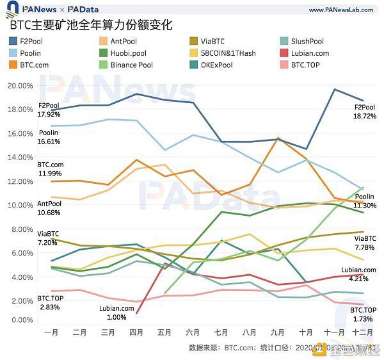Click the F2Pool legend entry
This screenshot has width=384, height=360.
30,42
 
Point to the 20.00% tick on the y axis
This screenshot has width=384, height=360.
22,86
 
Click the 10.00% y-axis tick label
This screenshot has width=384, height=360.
22,205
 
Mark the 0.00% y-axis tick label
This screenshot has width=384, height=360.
24,320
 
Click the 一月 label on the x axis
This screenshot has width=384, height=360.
51,332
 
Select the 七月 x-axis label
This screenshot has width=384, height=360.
221,332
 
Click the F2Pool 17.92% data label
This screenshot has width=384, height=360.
49,110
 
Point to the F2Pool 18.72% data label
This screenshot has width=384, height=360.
365,111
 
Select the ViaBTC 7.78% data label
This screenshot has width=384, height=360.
365,243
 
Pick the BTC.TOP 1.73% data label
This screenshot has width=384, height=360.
363,314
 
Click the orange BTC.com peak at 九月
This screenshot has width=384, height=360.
278,138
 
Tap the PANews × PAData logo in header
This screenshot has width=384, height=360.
57,10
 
